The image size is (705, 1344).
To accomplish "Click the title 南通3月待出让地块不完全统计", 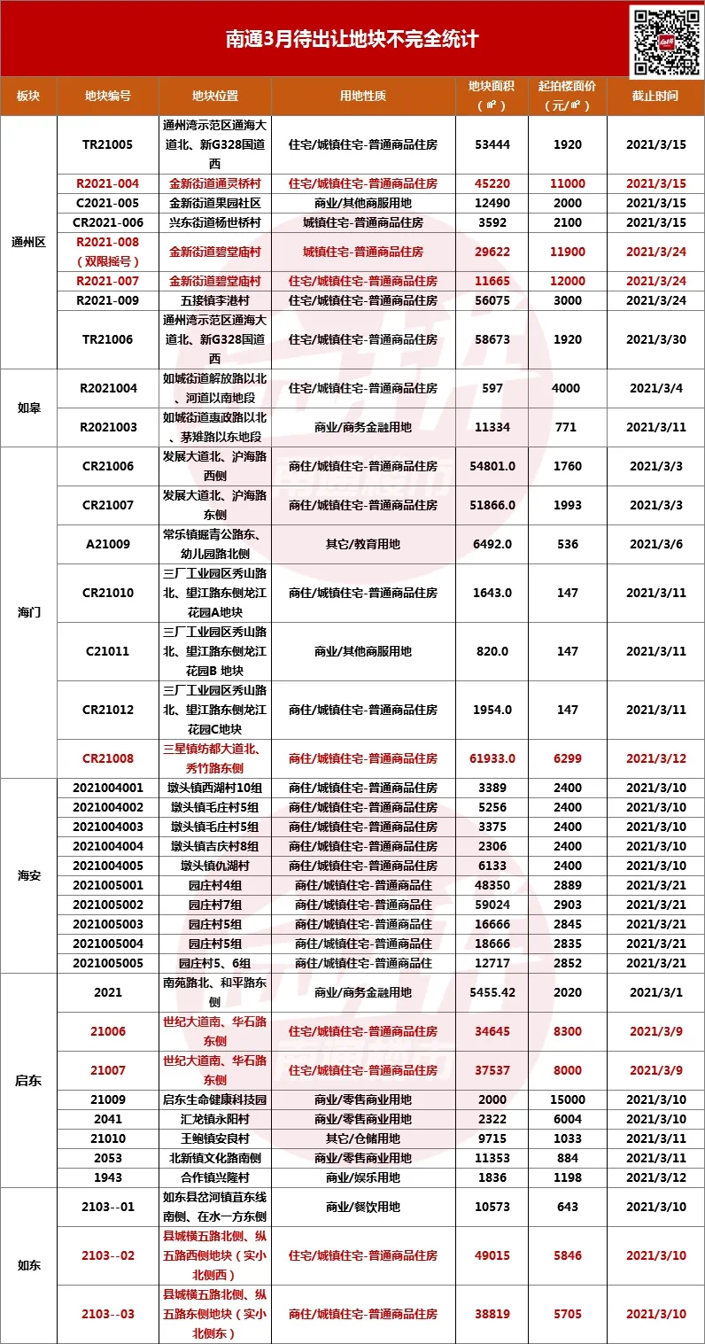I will pyautogui.click(x=352, y=40).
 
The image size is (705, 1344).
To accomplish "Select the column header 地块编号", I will pyautogui.click(x=108, y=96).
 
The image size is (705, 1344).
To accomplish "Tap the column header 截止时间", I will pyautogui.click(x=655, y=96).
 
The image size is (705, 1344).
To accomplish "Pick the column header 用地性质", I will pyautogui.click(x=363, y=96).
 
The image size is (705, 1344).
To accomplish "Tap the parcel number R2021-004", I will pyautogui.click(x=108, y=183).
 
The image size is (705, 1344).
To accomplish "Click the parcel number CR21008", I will pyautogui.click(x=108, y=758).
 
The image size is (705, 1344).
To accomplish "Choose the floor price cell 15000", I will pyautogui.click(x=568, y=1099).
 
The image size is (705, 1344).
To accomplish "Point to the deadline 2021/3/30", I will pyautogui.click(x=655, y=339).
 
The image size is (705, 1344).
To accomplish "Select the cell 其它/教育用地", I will pyautogui.click(x=363, y=544).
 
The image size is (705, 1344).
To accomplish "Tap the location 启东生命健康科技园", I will pyautogui.click(x=217, y=1099).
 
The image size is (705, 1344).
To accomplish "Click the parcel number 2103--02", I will pyautogui.click(x=108, y=1255).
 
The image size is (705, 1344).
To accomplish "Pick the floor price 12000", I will pyautogui.click(x=568, y=281).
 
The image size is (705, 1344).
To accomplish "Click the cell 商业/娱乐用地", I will pyautogui.click(x=363, y=1177).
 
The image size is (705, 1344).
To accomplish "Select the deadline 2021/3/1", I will pyautogui.click(x=655, y=993).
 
